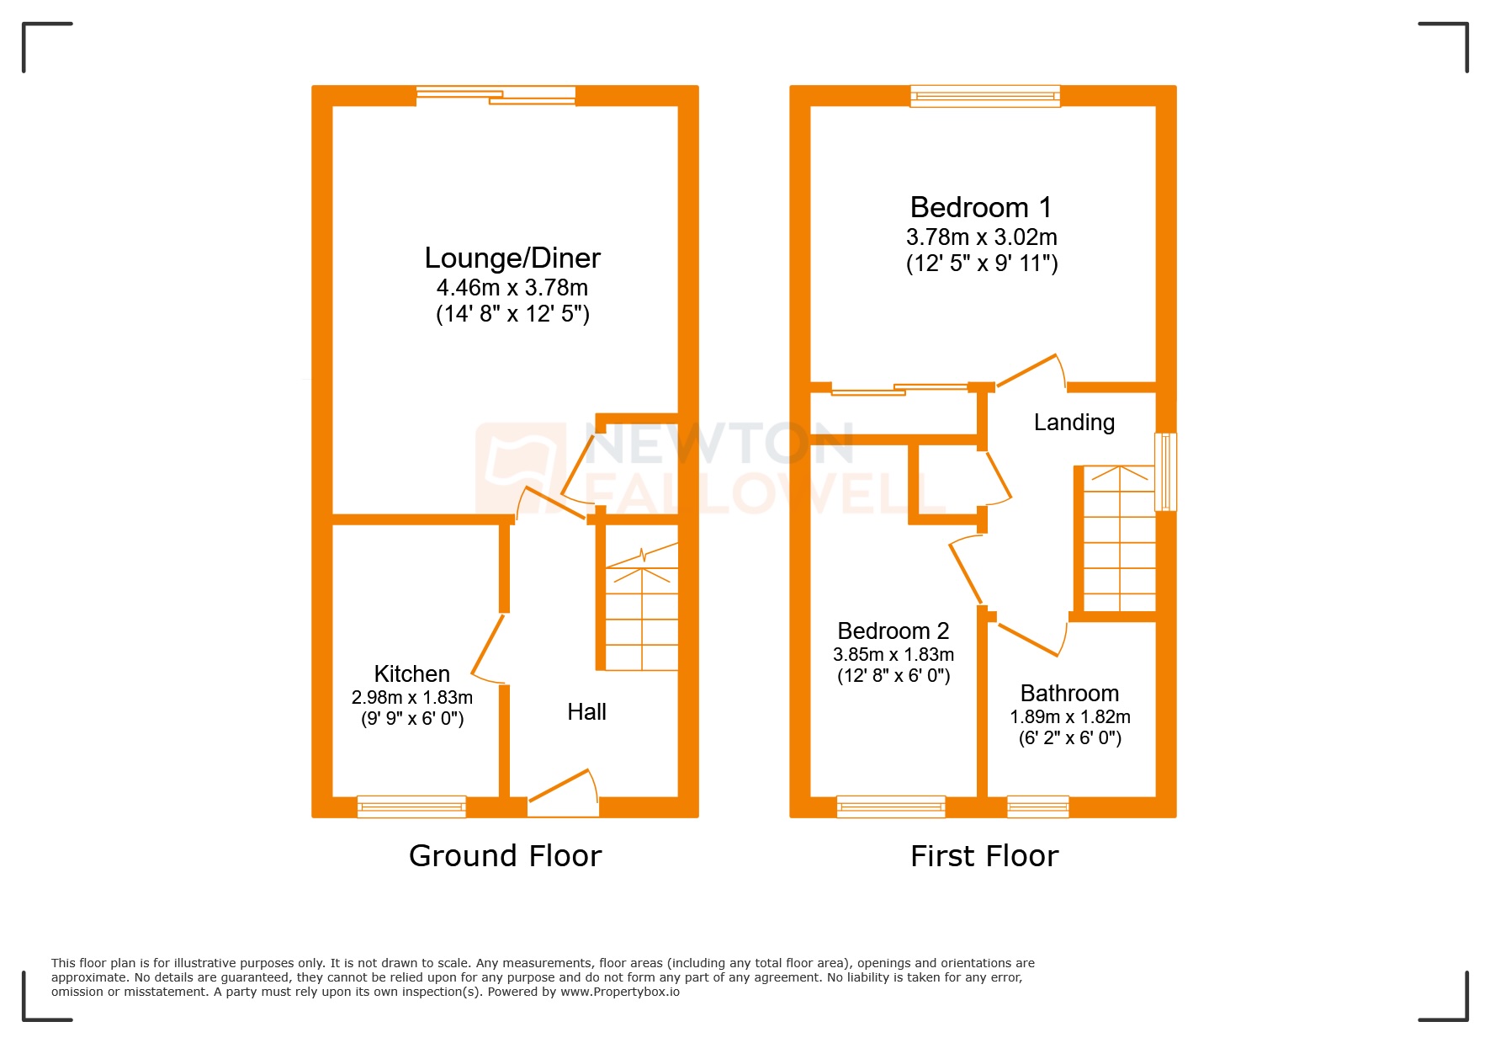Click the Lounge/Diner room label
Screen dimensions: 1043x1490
[x=512, y=258]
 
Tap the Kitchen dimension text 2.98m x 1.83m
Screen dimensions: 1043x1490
[x=412, y=698]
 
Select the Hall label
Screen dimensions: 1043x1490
[x=586, y=712]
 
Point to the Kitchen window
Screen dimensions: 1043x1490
[x=411, y=806]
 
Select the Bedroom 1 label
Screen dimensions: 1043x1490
[x=981, y=208]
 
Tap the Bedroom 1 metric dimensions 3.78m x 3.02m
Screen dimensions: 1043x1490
[x=981, y=237]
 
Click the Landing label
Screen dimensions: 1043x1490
[x=1074, y=423]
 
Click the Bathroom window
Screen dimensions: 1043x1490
[x=1037, y=806]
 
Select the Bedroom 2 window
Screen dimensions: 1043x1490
[x=891, y=806]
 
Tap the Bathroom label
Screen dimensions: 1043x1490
[x=1069, y=694]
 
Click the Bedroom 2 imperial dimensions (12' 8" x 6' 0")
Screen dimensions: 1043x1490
[x=893, y=676]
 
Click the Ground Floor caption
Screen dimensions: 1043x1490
[x=505, y=856]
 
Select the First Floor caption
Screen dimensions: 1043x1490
[x=984, y=856]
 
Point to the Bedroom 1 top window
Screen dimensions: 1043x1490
[x=984, y=96]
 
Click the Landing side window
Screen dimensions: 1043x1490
[x=1165, y=471]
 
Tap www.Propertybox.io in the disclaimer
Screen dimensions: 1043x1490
[x=620, y=992]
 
